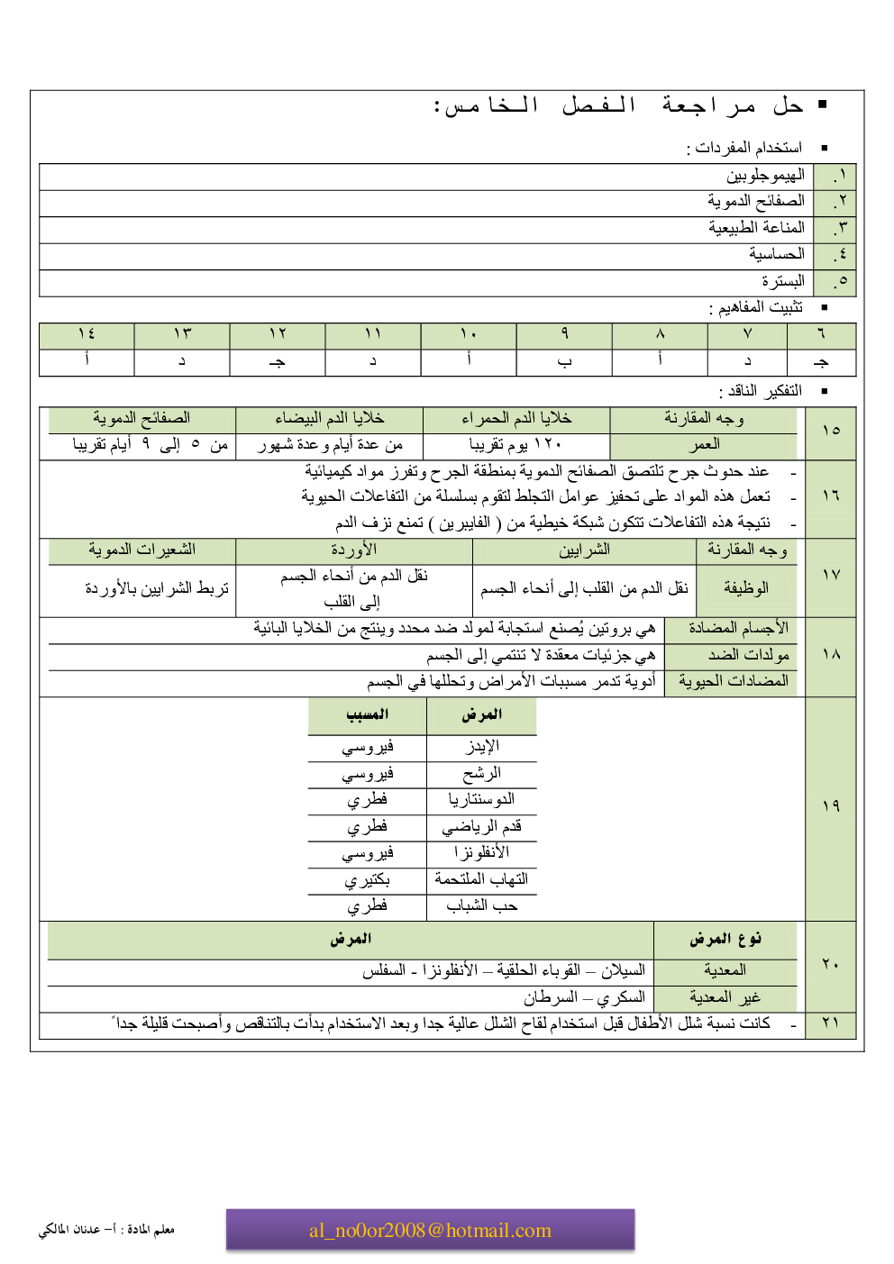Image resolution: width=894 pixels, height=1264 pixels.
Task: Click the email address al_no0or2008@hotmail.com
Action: tap(430, 1231)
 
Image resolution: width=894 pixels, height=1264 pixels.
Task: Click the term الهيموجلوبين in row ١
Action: tap(765, 175)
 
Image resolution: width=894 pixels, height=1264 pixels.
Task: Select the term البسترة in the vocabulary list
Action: tap(782, 281)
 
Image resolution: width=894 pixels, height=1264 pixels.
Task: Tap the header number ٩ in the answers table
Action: tap(564, 334)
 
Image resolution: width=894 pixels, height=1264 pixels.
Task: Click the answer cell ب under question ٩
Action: tap(564, 361)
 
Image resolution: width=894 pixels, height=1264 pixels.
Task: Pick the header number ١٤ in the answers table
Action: tap(87, 334)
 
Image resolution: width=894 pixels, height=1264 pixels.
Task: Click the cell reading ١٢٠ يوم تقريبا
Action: tap(515, 444)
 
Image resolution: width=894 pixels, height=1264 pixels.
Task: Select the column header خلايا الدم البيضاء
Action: tap(329, 418)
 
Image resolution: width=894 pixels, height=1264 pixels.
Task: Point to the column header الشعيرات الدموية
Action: tap(141, 550)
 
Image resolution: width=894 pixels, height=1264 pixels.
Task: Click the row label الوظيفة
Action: tap(745, 587)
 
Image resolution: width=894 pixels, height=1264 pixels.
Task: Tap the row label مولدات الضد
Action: tap(748, 654)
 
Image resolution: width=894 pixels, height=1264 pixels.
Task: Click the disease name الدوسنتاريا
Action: tap(481, 799)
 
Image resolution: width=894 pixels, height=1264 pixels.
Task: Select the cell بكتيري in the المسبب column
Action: tap(367, 878)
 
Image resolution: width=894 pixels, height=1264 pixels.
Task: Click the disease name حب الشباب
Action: tap(481, 905)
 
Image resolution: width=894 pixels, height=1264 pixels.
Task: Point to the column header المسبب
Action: tap(367, 714)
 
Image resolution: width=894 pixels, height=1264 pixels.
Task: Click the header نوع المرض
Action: tap(725, 939)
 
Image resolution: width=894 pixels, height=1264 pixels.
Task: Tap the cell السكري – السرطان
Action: tap(584, 997)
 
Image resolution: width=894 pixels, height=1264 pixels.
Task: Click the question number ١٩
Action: tap(831, 805)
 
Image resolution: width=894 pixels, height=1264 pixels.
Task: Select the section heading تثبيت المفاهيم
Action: tap(760, 307)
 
